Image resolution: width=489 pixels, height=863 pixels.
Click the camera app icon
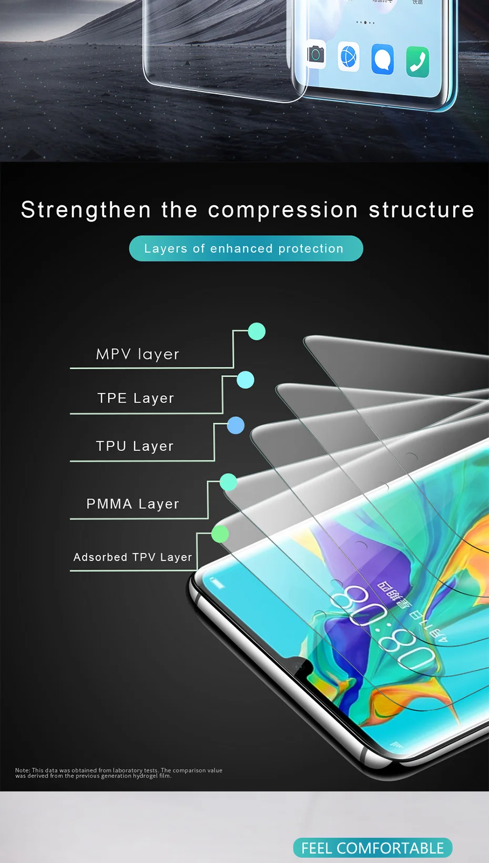(315, 54)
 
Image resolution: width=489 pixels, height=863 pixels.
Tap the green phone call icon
(417, 62)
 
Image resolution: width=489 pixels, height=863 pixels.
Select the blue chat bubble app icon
(382, 59)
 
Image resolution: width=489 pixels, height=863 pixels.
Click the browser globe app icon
(348, 56)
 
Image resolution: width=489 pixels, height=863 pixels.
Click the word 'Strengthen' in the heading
(86, 210)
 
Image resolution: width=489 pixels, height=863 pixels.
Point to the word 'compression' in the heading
(283, 210)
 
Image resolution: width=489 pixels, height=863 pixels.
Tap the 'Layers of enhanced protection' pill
(246, 248)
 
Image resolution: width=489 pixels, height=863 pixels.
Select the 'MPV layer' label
(138, 354)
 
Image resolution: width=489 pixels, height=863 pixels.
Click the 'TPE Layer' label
(136, 398)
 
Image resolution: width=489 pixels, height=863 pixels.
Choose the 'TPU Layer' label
(135, 446)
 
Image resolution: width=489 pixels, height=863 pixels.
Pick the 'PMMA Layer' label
(133, 504)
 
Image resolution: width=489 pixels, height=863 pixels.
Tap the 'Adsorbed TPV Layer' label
(133, 557)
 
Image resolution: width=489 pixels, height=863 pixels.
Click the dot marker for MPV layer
(257, 332)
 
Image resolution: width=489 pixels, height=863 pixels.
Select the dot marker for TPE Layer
(246, 380)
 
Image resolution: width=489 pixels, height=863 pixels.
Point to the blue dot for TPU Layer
(236, 425)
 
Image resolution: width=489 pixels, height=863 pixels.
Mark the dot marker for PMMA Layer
(228, 482)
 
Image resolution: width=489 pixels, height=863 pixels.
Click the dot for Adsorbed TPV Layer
(220, 534)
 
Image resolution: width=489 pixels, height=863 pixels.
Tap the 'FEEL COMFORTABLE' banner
(372, 848)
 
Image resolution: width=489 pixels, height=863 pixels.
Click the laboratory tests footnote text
(119, 773)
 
